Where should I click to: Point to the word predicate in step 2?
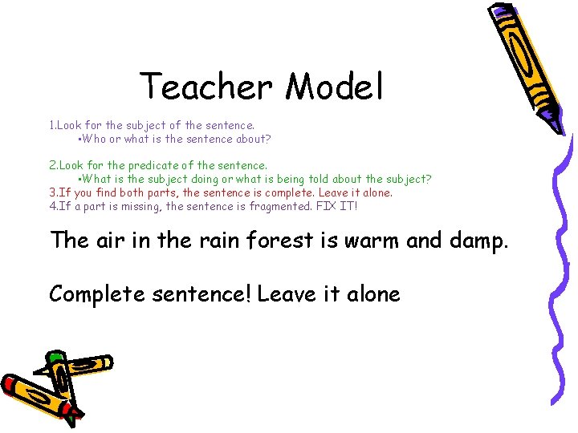pos(153,165)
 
